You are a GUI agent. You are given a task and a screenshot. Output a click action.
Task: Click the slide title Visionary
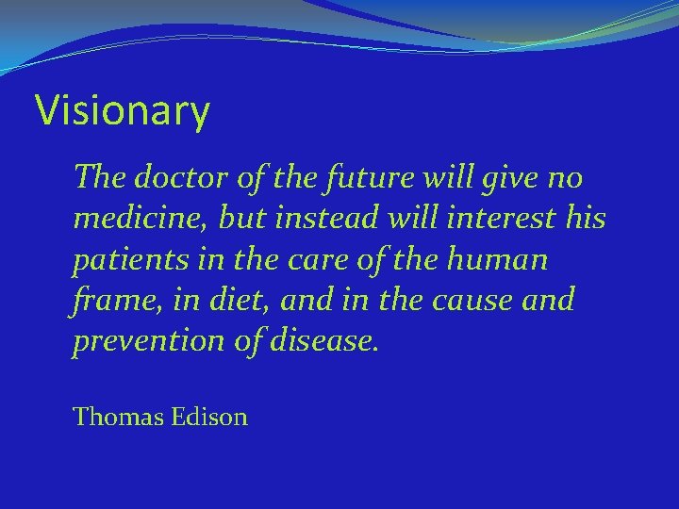tap(123, 111)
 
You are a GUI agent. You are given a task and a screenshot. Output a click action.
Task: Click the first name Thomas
tap(118, 417)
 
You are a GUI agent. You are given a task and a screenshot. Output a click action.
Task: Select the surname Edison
tap(209, 417)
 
